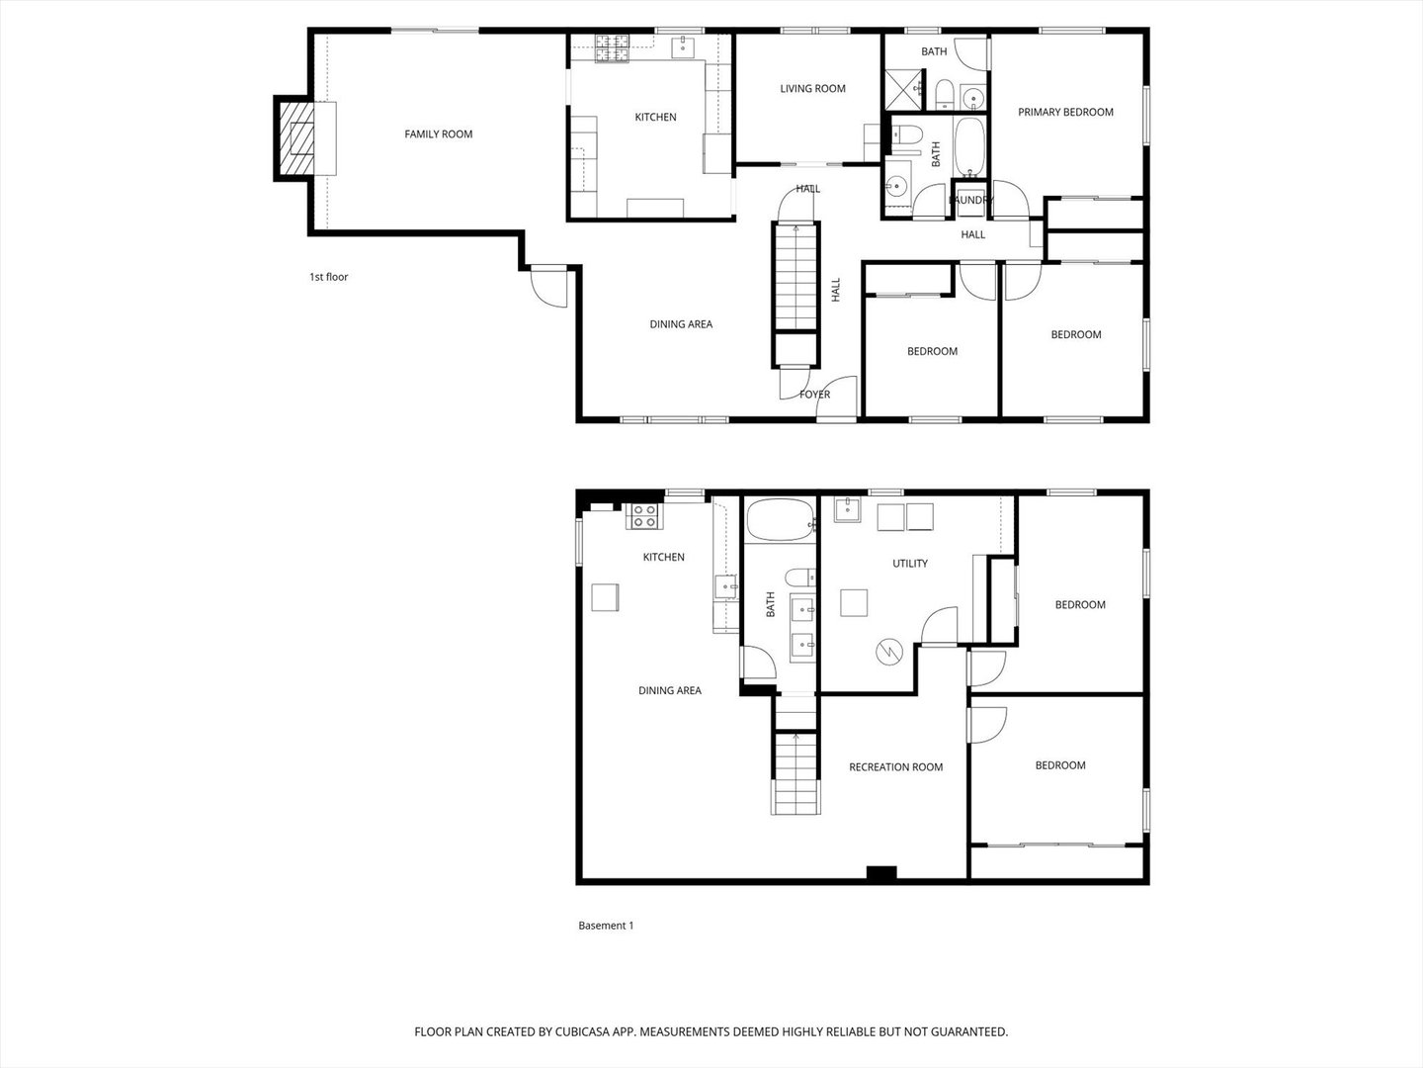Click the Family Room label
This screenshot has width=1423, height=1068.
point(438,134)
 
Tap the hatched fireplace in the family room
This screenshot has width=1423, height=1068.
point(296,138)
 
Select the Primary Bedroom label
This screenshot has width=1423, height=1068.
point(1065,112)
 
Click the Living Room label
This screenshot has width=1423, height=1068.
point(812,89)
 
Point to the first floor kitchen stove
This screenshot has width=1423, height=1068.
point(612,48)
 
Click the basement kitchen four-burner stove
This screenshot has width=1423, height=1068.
point(644,516)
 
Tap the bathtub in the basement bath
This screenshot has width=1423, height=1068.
point(781,519)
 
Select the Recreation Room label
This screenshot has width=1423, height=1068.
point(896,767)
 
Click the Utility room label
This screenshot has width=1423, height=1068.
point(909,564)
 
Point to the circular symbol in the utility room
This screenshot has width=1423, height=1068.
point(889,651)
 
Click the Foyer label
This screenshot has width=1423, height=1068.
point(814,395)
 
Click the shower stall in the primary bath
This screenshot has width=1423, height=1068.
point(904,90)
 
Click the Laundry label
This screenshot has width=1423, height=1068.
point(970,200)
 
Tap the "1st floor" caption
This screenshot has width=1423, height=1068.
point(329,277)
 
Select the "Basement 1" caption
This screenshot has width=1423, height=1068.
point(606,926)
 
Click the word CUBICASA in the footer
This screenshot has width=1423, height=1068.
point(583,1031)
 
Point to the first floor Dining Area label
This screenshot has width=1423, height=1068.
point(681,324)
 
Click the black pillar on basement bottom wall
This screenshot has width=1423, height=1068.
point(881,873)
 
